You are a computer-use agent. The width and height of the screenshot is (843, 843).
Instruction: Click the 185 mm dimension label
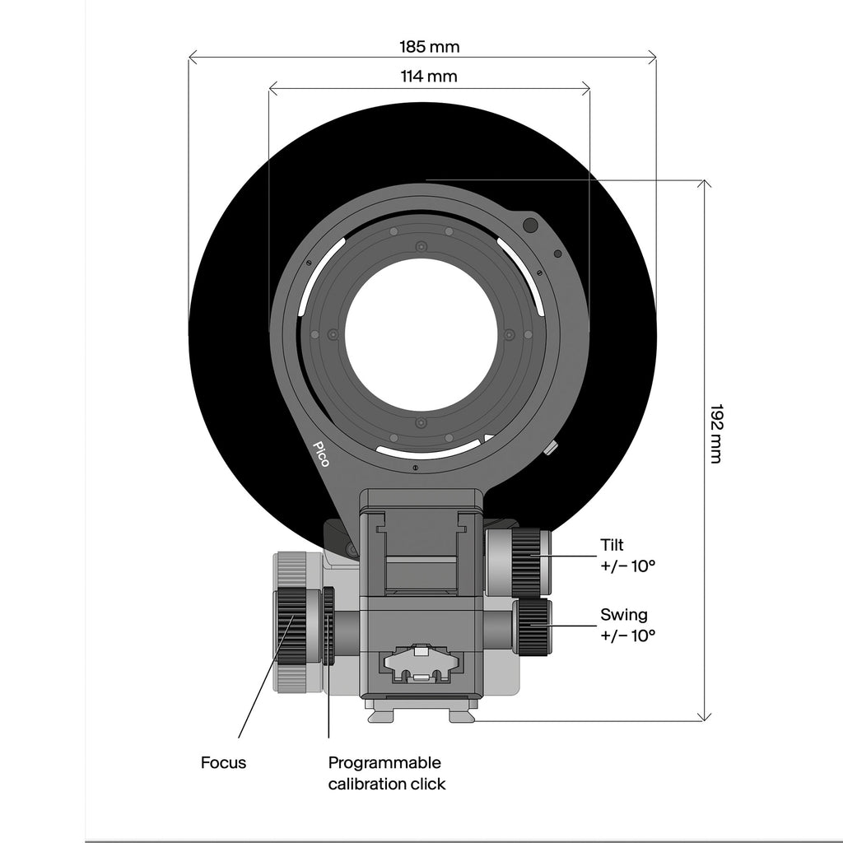coord(429,47)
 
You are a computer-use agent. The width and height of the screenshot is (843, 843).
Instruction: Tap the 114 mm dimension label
coord(429,77)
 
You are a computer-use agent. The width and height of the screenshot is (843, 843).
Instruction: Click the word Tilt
coord(612,545)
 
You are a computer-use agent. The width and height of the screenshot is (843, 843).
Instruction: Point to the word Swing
coord(624,615)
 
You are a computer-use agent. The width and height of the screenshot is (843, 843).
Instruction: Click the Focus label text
coord(223,763)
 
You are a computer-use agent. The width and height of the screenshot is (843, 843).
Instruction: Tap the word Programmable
coord(384,763)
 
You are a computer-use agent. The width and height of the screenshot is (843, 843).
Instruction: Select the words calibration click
coord(387,785)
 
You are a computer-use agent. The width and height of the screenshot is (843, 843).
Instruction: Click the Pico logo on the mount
coord(322,454)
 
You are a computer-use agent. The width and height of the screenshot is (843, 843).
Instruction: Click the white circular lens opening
coord(421,344)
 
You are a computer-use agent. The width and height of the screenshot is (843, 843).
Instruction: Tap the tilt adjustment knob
coord(526,562)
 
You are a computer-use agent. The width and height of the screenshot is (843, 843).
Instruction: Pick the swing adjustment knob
coord(533,626)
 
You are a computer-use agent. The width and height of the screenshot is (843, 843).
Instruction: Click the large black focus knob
coord(291,626)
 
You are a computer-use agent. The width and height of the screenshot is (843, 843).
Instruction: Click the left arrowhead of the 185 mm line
coord(190,57)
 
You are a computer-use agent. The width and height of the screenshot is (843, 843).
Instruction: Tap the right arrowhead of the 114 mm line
coord(588,88)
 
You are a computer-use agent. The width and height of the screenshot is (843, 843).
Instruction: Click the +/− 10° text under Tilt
coord(628,566)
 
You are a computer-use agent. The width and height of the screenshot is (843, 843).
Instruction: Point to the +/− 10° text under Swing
coord(628,636)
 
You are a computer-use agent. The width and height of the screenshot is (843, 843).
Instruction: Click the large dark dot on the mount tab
coord(531,226)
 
